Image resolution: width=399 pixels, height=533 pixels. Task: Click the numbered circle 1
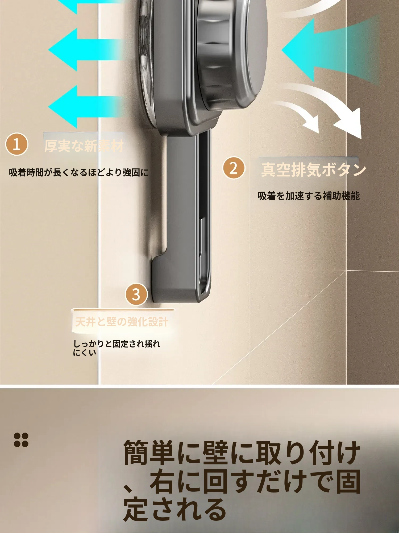point(16,144)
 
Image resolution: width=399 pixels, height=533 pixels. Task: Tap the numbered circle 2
point(234,168)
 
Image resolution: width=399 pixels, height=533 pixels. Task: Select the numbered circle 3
point(136,294)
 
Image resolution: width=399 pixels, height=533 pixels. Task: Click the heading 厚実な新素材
point(84,146)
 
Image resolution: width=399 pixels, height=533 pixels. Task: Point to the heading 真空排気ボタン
point(314,170)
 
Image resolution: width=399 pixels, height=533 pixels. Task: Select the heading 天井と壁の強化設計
point(122,322)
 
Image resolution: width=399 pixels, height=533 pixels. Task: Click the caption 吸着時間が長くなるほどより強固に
point(79,172)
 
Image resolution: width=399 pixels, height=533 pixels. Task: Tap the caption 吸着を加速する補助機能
point(309,196)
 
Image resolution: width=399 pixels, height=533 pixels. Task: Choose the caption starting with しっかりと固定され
point(117,348)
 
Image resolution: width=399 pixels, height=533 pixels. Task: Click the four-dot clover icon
point(21,440)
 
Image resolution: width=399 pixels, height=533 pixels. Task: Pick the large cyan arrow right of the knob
point(330,50)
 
